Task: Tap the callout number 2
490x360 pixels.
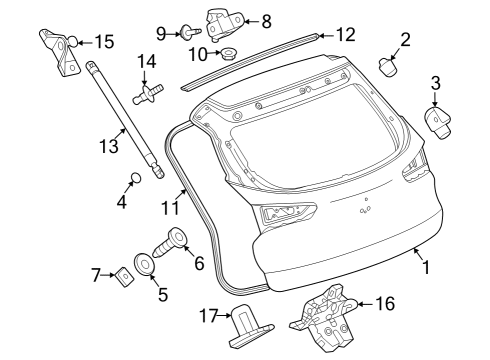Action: [405, 40]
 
